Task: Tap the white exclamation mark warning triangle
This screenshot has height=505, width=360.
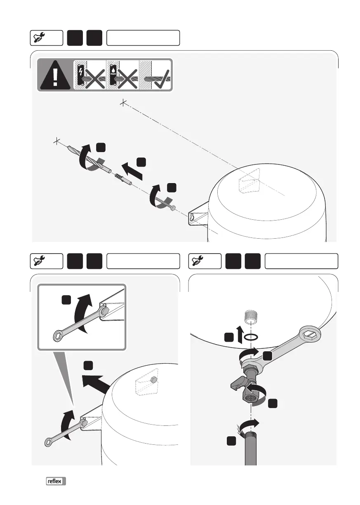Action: click(55, 75)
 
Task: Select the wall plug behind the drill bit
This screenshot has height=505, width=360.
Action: click(123, 179)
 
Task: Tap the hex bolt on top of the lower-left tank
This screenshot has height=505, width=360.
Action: click(153, 379)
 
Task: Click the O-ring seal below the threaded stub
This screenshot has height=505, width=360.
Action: click(251, 337)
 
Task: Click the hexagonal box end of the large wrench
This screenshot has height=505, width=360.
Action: click(312, 334)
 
